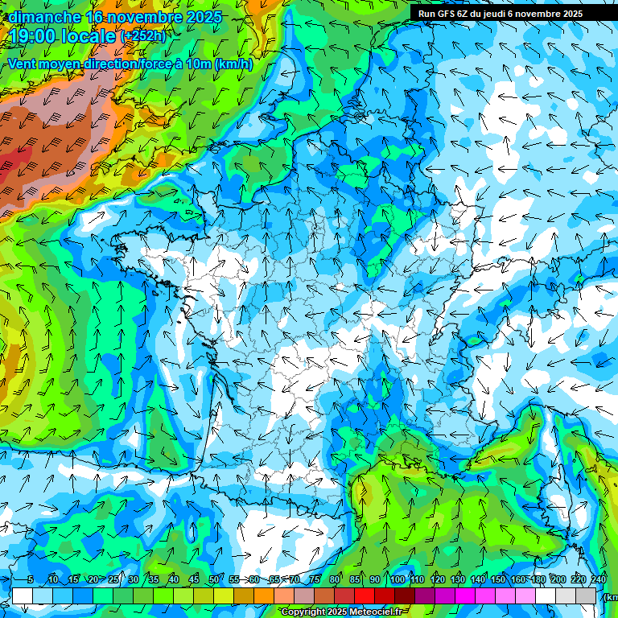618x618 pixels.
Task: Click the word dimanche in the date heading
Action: coord(43,17)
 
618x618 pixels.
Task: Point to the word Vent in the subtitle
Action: coord(23,64)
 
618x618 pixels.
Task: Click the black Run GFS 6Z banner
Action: coord(513,13)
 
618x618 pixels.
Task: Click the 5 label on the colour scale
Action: coord(30,580)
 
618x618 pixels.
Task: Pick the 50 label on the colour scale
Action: coord(213,580)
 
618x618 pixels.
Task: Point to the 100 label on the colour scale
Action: coord(397,580)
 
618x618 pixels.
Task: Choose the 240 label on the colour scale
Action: coord(598,580)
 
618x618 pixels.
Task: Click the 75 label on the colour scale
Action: coord(315,580)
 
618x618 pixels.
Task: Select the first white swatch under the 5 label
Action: coord(23,596)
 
